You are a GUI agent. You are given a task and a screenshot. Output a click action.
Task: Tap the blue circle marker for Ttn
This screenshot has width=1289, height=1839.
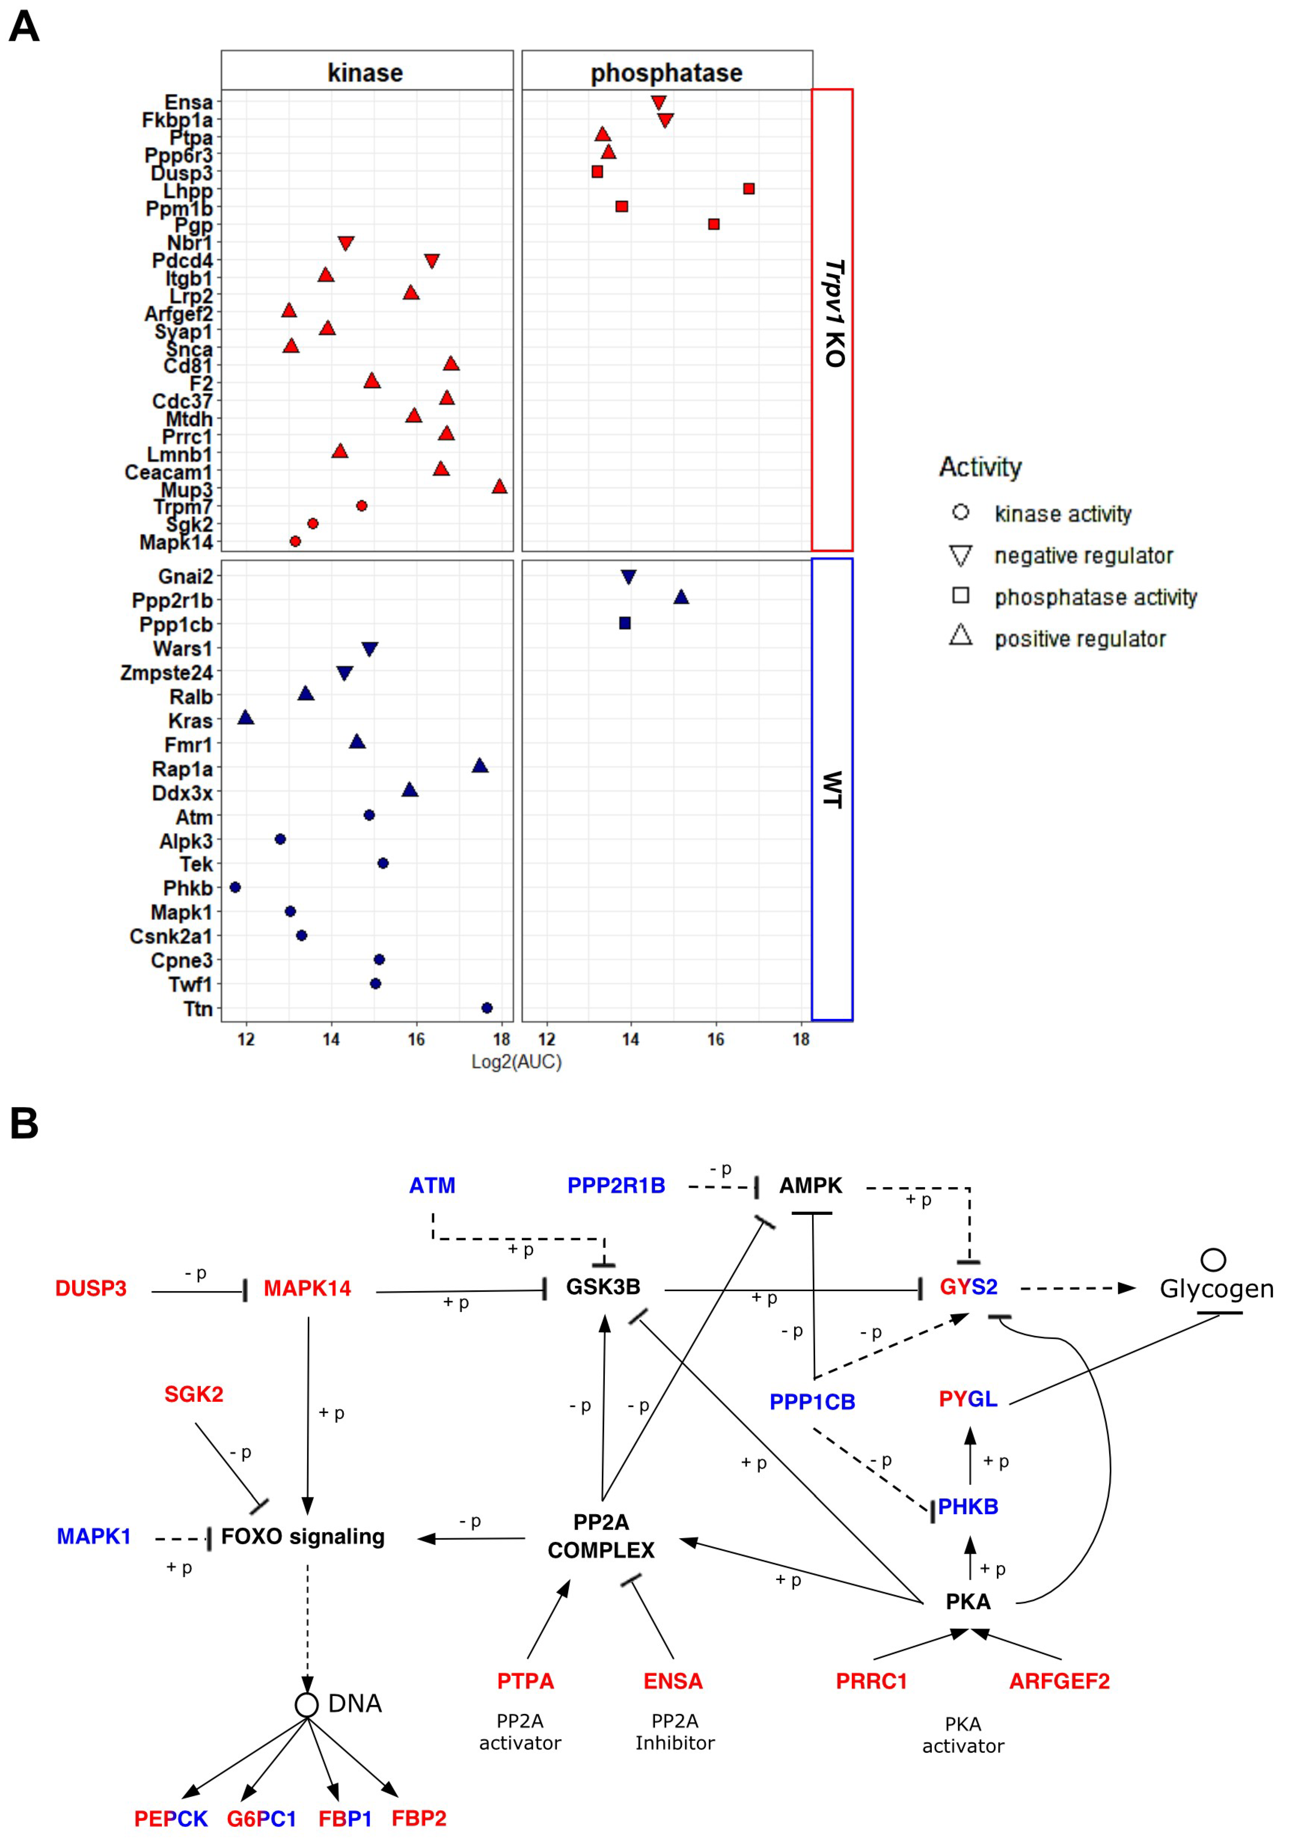[486, 1008]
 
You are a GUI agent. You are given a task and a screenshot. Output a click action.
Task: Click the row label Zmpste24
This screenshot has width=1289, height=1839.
[167, 673]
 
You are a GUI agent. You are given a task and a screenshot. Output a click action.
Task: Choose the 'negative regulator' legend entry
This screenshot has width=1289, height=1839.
[1083, 555]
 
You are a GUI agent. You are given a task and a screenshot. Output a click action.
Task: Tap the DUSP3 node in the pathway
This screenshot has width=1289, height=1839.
[91, 1288]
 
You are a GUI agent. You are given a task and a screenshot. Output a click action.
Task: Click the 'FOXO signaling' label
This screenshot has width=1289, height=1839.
[303, 1536]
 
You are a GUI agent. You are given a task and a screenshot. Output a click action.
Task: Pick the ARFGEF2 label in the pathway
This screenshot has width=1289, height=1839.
[1059, 1681]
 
